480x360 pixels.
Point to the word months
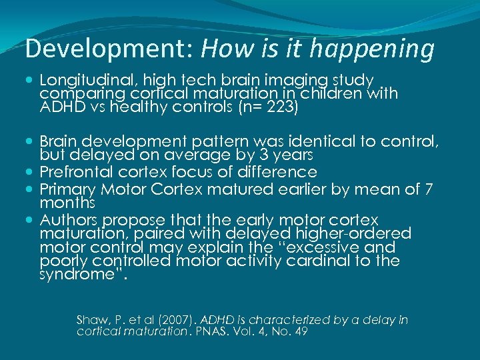(67, 202)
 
